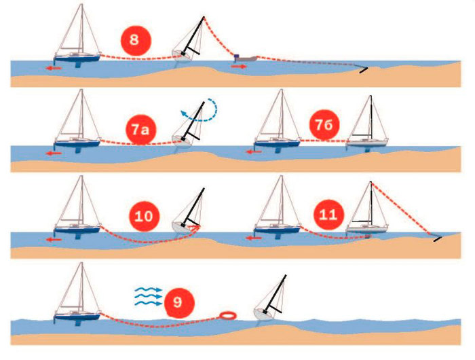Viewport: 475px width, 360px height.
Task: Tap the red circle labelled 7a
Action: pos(140,130)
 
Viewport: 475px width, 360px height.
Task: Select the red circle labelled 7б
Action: pos(324,125)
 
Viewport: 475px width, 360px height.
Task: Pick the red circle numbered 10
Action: pos(144,216)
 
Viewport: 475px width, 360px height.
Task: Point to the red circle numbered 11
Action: pos(328,215)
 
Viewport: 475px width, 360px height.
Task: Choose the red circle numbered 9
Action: pos(178,302)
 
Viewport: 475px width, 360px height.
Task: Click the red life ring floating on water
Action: pos(228,315)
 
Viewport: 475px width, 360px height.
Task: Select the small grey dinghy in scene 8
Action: pos(246,58)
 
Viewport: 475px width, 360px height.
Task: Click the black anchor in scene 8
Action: pos(364,70)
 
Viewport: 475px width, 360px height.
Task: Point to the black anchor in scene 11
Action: pos(438,238)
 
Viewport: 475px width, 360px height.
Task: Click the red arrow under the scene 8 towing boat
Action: pos(54,68)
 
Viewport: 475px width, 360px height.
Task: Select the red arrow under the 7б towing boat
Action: pos(253,151)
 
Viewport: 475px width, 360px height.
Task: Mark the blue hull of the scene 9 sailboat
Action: pos(77,317)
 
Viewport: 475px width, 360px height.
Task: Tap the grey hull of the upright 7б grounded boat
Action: pos(367,143)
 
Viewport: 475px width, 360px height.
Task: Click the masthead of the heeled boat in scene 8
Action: pos(204,17)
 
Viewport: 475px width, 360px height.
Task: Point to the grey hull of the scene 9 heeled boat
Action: pos(261,314)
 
